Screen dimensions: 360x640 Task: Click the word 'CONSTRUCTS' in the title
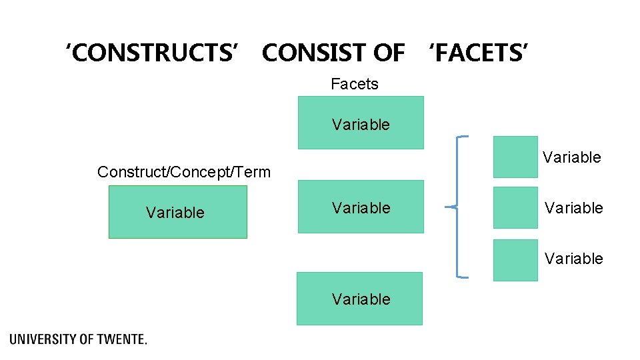[151, 52]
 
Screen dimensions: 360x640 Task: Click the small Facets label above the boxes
[354, 84]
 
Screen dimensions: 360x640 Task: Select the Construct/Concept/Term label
[184, 172]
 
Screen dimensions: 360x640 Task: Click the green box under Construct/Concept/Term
[177, 212]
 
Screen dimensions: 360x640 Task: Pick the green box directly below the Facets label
[360, 123]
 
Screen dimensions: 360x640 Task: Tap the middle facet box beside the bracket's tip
[360, 207]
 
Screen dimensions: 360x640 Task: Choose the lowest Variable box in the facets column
[359, 299]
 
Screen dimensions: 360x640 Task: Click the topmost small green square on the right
[515, 157]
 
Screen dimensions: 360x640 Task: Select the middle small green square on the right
[515, 207]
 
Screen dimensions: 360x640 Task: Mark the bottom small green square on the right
[515, 260]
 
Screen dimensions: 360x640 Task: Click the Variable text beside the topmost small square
[571, 157]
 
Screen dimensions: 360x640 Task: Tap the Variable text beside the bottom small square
[573, 258]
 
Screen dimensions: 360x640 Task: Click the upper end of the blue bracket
[463, 137]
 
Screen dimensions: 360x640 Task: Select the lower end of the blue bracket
[463, 276]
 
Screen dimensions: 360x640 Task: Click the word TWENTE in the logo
[121, 339]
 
